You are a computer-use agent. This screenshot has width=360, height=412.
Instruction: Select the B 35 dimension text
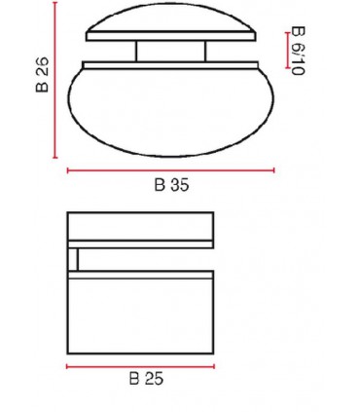coord(170,188)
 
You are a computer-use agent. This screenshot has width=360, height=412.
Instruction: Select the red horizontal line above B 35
coord(170,170)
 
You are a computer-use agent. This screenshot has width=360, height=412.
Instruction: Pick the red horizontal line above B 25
coord(140,367)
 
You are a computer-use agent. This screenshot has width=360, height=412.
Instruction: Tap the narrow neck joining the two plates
coord(170,52)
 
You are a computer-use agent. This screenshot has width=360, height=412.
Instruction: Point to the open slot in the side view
coord(146,258)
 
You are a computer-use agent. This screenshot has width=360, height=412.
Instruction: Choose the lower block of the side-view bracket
coord(140,314)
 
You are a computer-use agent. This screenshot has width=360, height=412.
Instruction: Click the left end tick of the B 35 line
coord(67,170)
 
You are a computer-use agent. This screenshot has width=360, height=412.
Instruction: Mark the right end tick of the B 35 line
coord(274,170)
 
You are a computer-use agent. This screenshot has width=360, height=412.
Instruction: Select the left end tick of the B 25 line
coord(66,367)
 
